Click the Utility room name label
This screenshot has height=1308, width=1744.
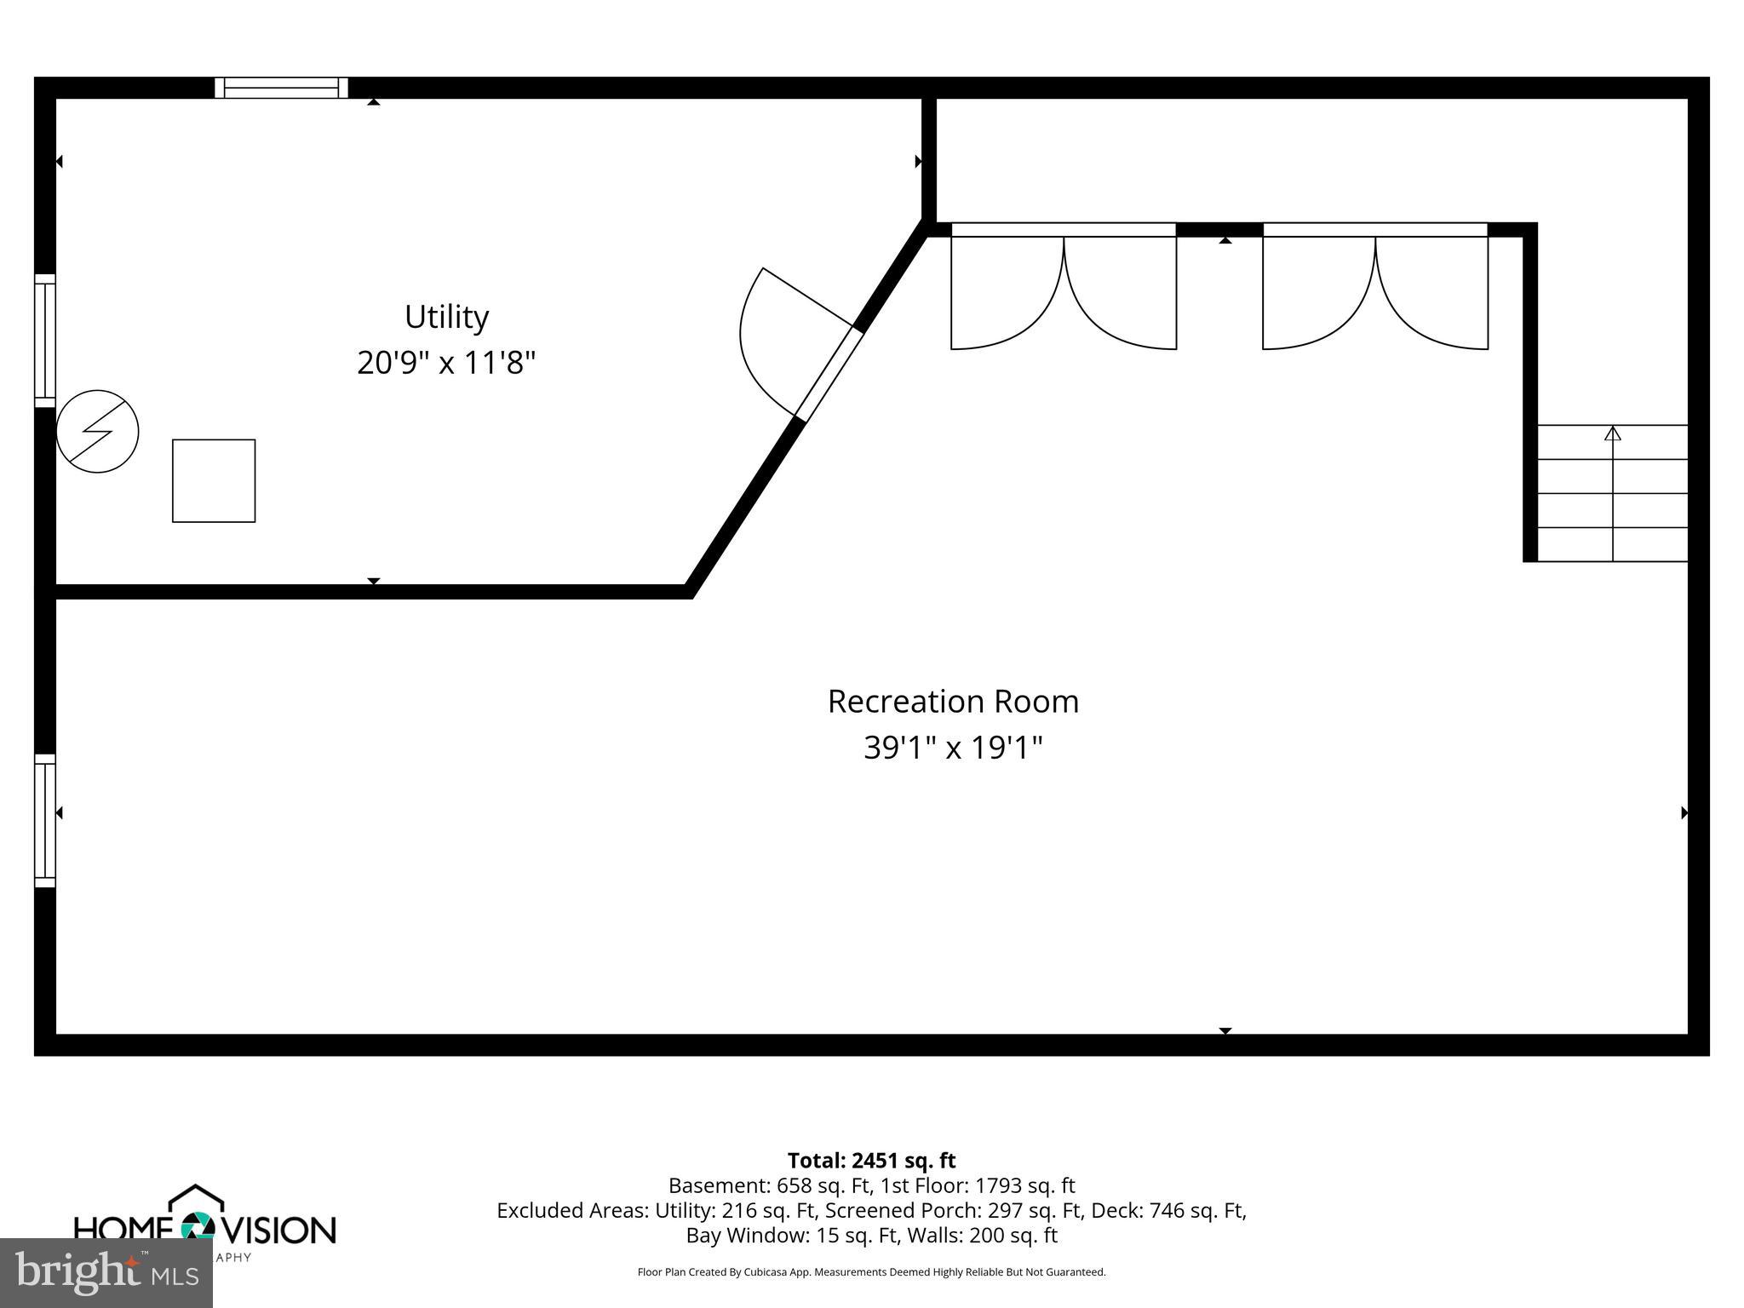click(446, 317)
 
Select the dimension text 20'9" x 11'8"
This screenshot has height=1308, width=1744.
click(446, 363)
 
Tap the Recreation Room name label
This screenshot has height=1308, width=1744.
click(953, 702)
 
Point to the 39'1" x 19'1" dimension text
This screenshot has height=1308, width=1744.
click(953, 748)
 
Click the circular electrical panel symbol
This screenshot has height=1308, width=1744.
click(97, 431)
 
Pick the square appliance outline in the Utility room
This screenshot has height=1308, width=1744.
click(214, 480)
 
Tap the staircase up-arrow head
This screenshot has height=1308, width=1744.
click(1612, 433)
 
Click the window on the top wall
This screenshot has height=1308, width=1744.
click(281, 88)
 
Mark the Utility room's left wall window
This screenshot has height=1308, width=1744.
click(44, 340)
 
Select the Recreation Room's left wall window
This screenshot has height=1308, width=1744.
click(44, 820)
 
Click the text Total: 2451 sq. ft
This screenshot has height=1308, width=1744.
click(871, 1161)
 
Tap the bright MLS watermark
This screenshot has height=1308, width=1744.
click(106, 1272)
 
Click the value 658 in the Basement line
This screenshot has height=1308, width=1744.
click(792, 1185)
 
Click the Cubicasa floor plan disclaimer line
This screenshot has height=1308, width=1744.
click(871, 1272)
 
